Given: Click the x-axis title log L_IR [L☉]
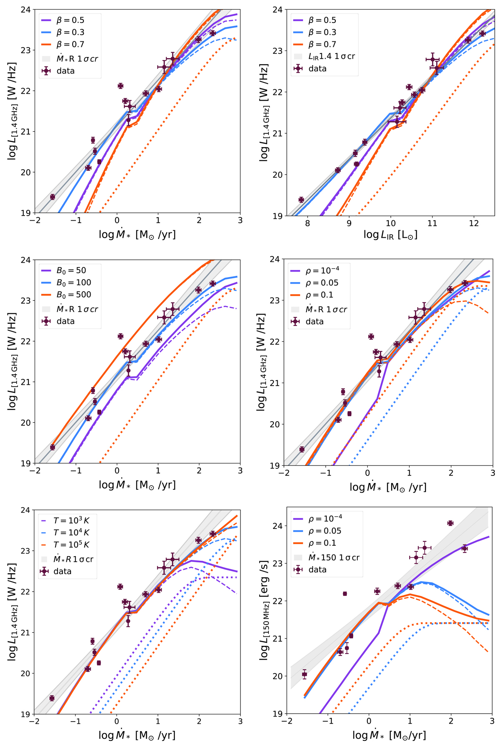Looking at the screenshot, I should click(390, 235).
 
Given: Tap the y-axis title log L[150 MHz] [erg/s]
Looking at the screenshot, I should click(264, 610).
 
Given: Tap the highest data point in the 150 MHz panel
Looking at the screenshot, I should click(450, 523).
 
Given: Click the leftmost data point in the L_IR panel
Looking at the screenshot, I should click(301, 200).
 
